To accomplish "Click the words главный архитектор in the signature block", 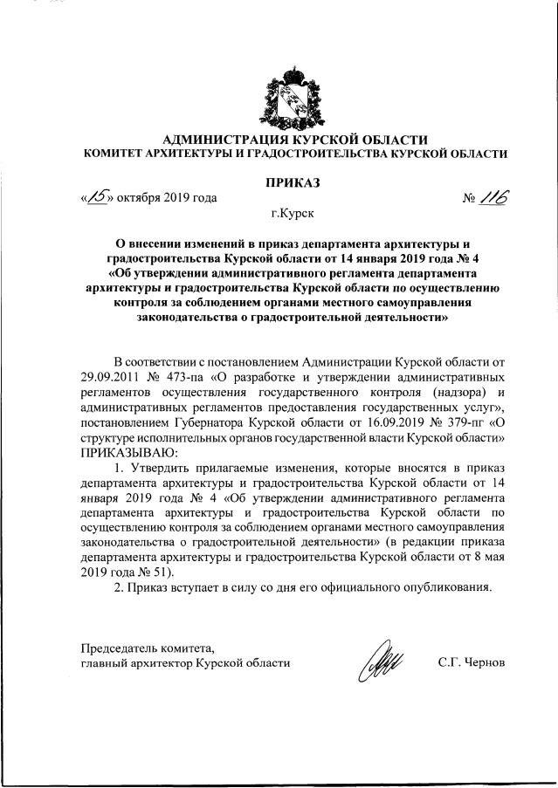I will click(x=134, y=663).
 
